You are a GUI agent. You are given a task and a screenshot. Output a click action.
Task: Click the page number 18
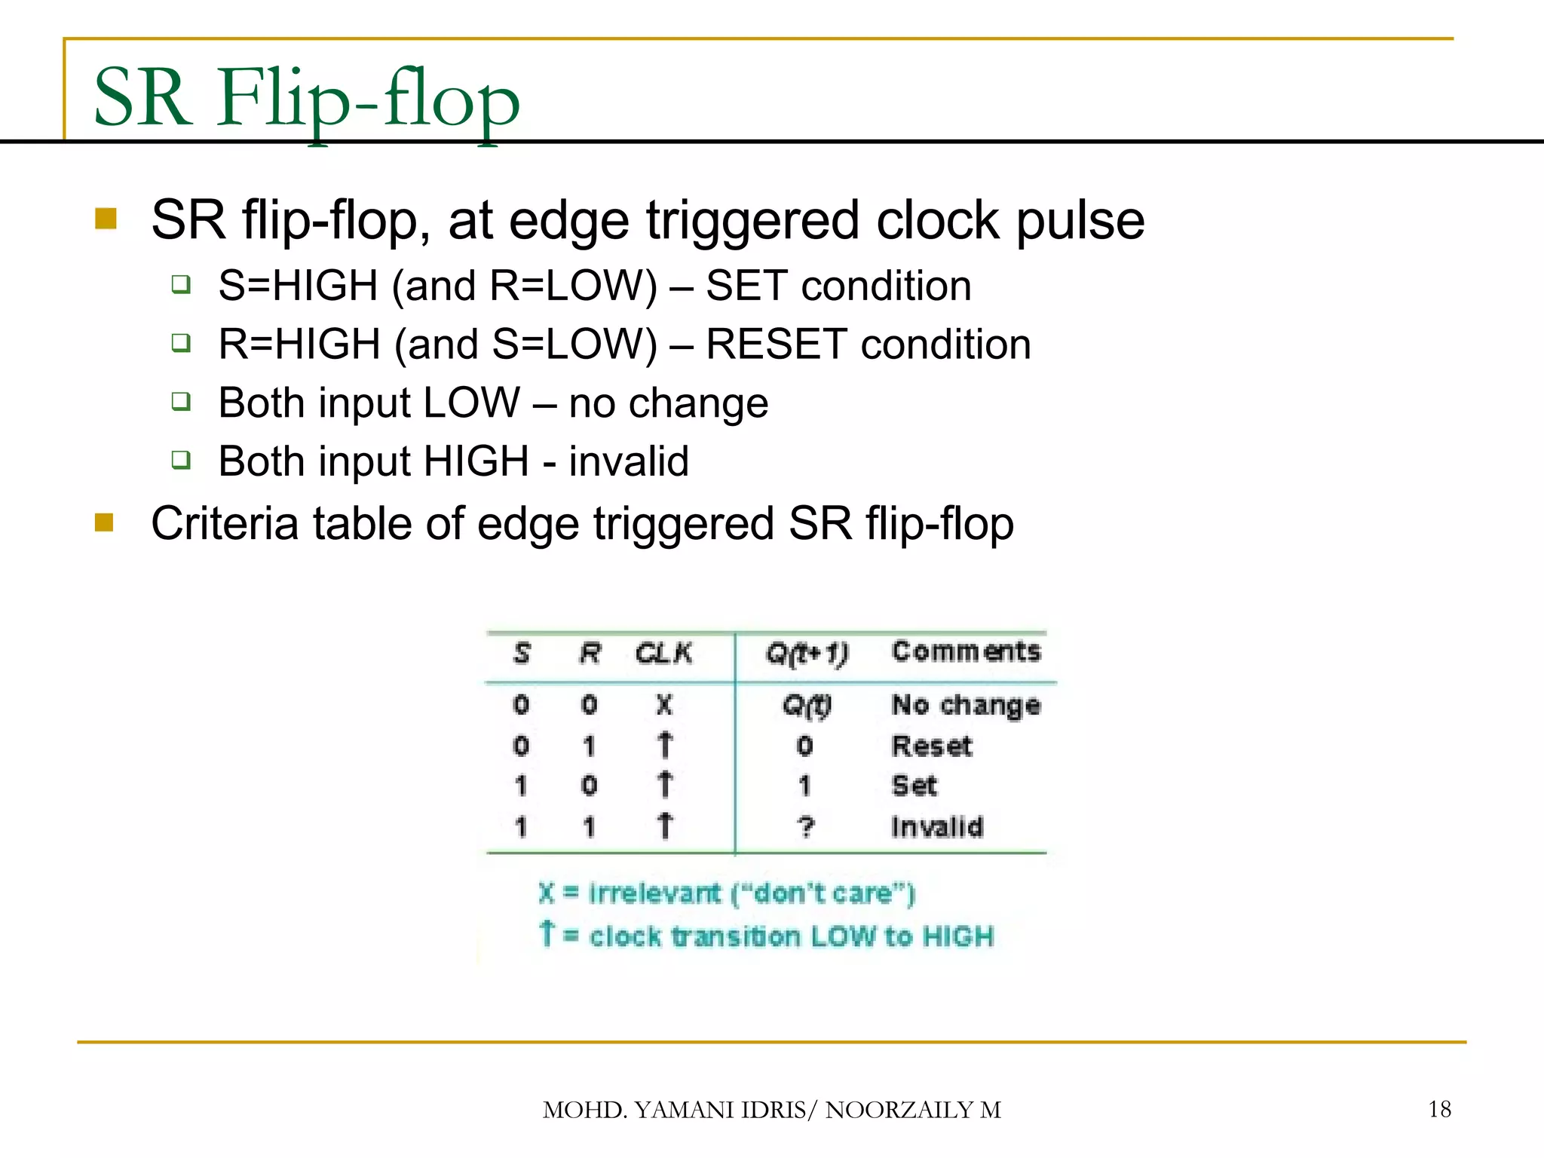[1439, 1109]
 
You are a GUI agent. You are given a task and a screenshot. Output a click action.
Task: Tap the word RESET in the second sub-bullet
[776, 345]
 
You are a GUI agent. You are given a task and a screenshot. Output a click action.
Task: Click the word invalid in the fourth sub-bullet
[629, 461]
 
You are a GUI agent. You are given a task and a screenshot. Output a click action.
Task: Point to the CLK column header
[663, 653]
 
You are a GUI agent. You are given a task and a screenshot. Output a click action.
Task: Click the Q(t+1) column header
[806, 653]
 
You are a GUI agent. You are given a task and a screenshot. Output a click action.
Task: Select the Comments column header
[966, 651]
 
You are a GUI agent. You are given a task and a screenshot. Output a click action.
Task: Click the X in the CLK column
[663, 705]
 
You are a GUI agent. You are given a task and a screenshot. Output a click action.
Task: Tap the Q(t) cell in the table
[806, 706]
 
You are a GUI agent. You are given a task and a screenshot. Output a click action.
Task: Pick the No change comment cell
[966, 705]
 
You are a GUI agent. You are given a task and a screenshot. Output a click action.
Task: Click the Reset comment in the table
[932, 746]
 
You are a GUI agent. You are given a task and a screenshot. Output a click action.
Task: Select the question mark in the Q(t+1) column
[806, 827]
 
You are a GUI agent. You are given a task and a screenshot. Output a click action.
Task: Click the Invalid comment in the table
[937, 827]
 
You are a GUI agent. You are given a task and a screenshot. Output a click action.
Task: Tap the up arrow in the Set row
[664, 786]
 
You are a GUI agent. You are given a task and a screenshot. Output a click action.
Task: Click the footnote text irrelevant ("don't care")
[751, 893]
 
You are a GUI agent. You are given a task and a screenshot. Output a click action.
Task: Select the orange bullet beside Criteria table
[104, 522]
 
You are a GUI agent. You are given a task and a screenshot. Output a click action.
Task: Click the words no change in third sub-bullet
[668, 403]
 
